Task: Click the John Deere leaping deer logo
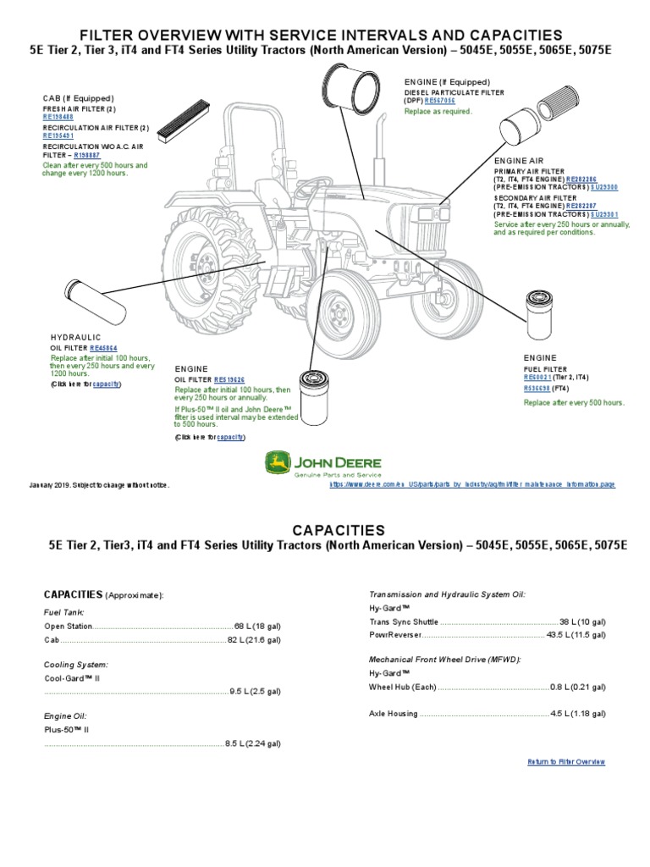click(276, 462)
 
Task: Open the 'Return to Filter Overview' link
click(565, 762)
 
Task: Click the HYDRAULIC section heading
click(75, 336)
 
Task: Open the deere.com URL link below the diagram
click(472, 484)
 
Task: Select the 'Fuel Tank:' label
click(63, 611)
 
